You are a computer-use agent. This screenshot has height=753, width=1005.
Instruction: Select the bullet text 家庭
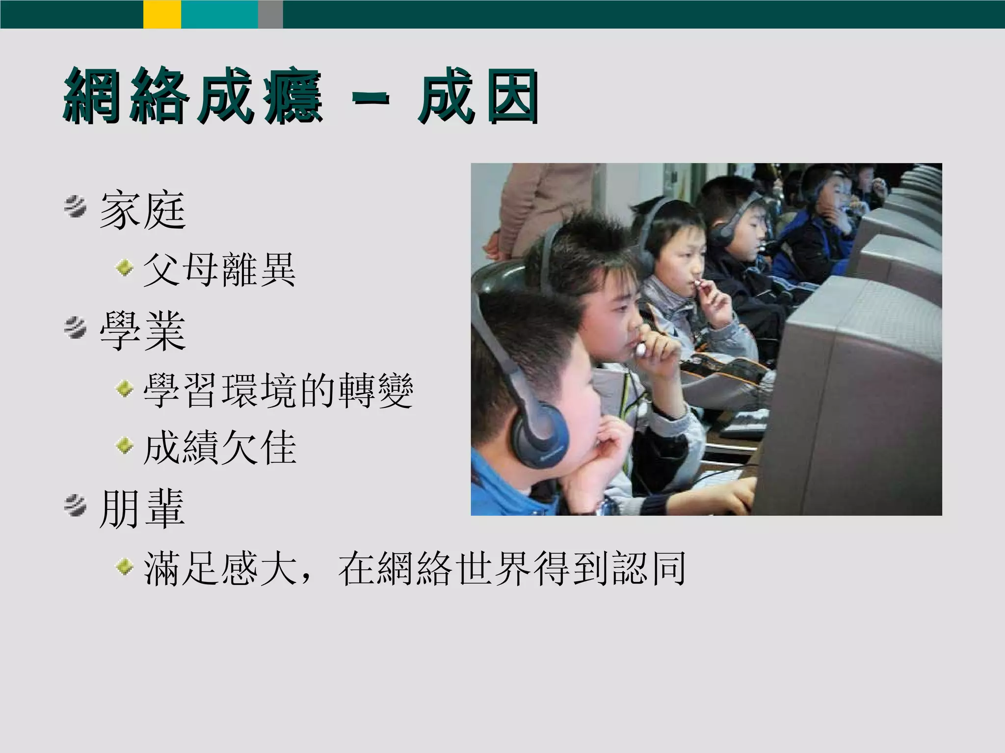(142, 211)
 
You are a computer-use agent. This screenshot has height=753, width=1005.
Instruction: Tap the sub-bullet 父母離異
(219, 270)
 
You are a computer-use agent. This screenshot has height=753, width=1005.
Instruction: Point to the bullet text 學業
(142, 332)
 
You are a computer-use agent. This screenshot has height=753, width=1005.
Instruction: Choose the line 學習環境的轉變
(278, 391)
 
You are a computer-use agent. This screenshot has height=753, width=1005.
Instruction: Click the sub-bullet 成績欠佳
(219, 448)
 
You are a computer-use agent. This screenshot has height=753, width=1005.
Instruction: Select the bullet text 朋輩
(142, 509)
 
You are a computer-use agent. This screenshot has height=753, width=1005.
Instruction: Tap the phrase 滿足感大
(221, 569)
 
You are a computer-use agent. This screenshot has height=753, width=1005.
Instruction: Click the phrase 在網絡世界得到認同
(512, 569)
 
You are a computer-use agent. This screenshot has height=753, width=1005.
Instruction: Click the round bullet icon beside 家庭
(75, 206)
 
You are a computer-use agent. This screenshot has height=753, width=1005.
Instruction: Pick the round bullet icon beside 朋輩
(75, 505)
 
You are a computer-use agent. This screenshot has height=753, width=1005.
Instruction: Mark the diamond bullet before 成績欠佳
(125, 445)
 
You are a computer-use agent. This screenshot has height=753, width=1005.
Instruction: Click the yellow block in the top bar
(162, 14)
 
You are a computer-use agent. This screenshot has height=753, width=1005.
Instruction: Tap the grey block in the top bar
(270, 14)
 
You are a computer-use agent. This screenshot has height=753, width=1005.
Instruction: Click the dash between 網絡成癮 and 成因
(371, 98)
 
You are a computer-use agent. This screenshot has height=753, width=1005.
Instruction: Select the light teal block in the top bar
(219, 14)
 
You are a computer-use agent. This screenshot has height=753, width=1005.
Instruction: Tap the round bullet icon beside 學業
(75, 327)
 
